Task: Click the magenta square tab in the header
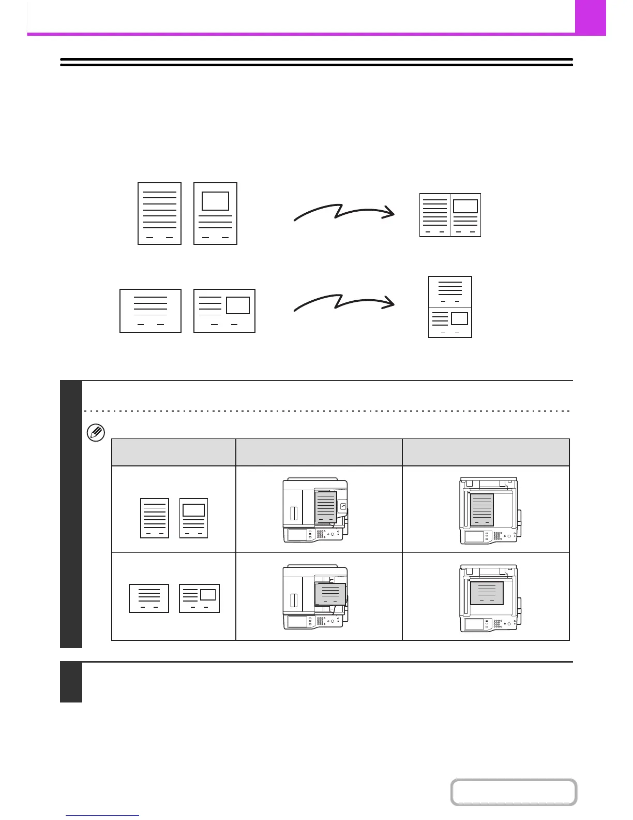(590, 17)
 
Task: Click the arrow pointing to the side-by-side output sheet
(344, 213)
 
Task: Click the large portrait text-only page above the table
(159, 213)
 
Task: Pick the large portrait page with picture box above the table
(215, 213)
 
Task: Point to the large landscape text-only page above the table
(150, 311)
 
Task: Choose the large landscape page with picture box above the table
(224, 311)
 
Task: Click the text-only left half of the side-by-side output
(434, 215)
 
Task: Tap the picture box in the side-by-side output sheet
(465, 206)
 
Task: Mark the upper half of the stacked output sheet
(450, 292)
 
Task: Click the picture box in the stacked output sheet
(459, 318)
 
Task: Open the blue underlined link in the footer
(103, 816)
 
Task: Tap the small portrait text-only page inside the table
(155, 518)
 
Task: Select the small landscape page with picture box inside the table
(200, 598)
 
